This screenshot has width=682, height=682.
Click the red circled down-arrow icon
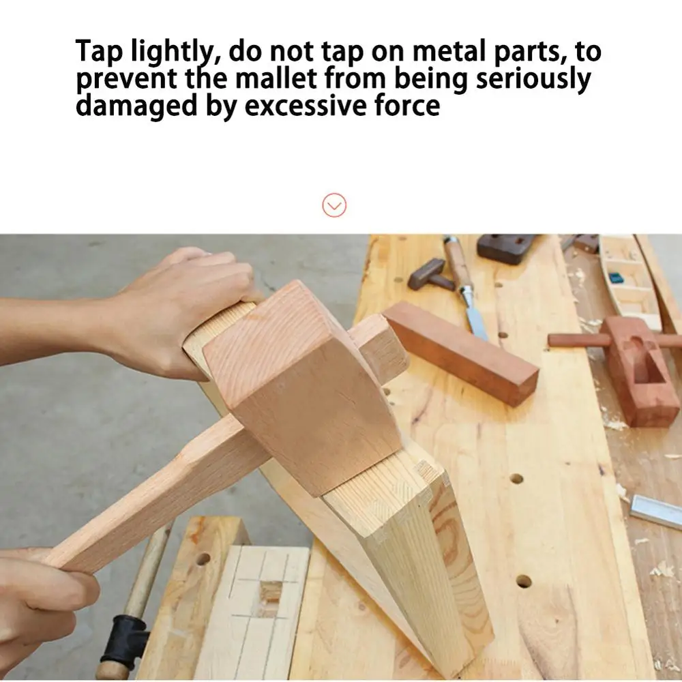point(334,205)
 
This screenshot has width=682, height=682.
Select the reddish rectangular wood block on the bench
point(461,353)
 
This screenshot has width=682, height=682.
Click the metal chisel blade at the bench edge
point(655,514)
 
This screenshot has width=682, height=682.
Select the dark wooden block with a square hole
point(506,248)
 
